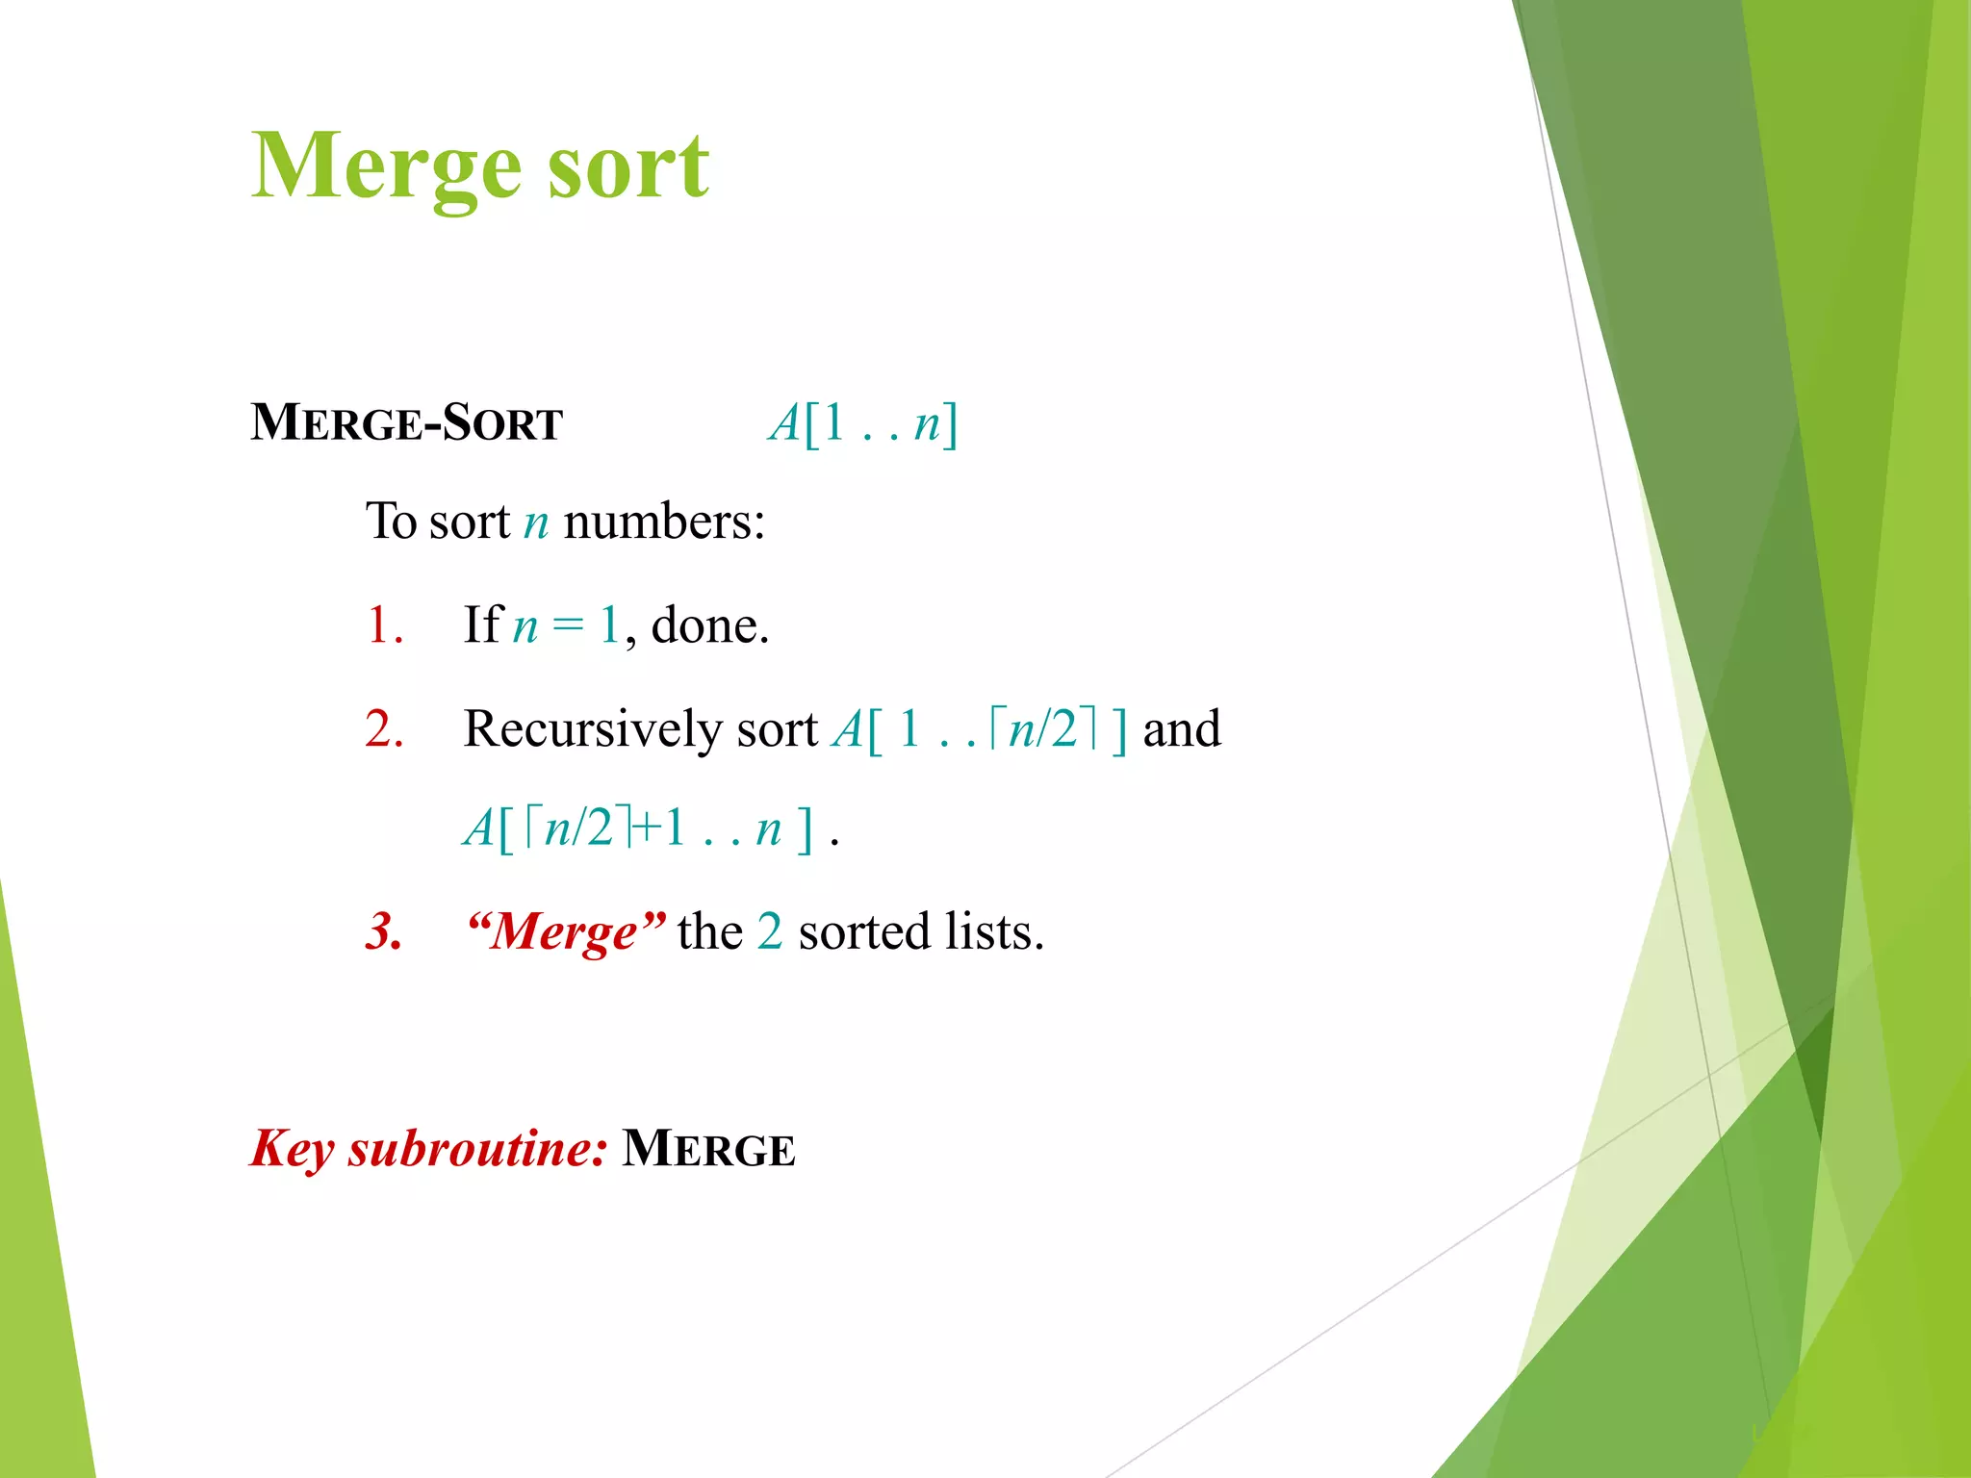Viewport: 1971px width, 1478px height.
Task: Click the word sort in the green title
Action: tap(628, 168)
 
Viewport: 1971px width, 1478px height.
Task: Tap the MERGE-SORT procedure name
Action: tap(406, 423)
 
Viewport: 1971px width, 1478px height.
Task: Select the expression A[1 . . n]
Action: tap(863, 423)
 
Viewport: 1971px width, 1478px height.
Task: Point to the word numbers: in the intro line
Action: tap(664, 522)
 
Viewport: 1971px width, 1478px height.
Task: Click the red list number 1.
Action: tap(384, 625)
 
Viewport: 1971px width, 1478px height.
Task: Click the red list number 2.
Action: tap(384, 728)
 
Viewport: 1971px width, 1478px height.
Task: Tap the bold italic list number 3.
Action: tap(384, 931)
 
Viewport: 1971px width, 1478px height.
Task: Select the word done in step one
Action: tap(708, 625)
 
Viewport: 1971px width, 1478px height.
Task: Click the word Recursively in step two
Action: tap(592, 729)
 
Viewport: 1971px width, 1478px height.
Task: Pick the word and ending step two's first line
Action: tap(1182, 728)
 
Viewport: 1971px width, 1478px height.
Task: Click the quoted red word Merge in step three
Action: tap(564, 931)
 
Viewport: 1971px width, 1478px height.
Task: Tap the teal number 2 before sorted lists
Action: tap(770, 931)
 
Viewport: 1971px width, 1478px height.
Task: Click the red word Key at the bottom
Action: tap(293, 1149)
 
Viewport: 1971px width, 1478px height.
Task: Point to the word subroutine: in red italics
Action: tap(477, 1149)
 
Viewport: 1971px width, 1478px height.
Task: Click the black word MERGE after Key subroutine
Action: tap(708, 1149)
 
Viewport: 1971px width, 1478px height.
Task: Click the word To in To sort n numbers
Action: tap(391, 522)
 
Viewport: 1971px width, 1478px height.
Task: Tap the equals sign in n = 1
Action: tap(568, 626)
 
